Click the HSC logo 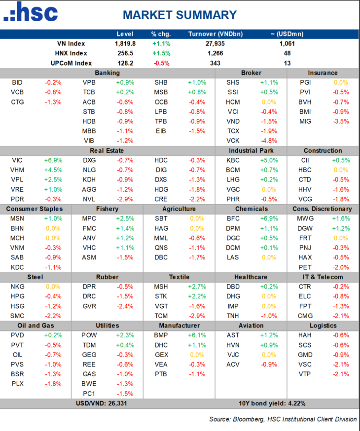pyautogui.click(x=31, y=14)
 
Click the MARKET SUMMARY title pyautogui.click(x=180, y=15)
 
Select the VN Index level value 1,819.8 pyautogui.click(x=124, y=43)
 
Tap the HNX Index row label pyautogui.click(x=72, y=53)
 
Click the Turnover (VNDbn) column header pyautogui.click(x=215, y=34)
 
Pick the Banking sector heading pyautogui.click(x=107, y=73)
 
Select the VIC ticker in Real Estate pyautogui.click(x=17, y=160)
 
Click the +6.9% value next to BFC pyautogui.click(x=269, y=218)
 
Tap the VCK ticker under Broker pyautogui.click(x=233, y=141)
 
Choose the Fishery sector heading pyautogui.click(x=107, y=209)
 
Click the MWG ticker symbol pyautogui.click(x=305, y=218)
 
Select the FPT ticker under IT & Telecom pyautogui.click(x=305, y=306)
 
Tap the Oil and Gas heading pyautogui.click(x=35, y=325)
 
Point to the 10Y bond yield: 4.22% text pyautogui.click(x=272, y=403)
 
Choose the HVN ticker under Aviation pyautogui.click(x=233, y=345)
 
